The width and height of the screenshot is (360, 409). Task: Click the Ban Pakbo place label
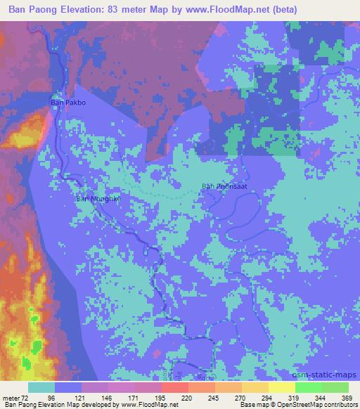click(67, 103)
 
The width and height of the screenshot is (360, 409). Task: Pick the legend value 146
click(108, 398)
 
